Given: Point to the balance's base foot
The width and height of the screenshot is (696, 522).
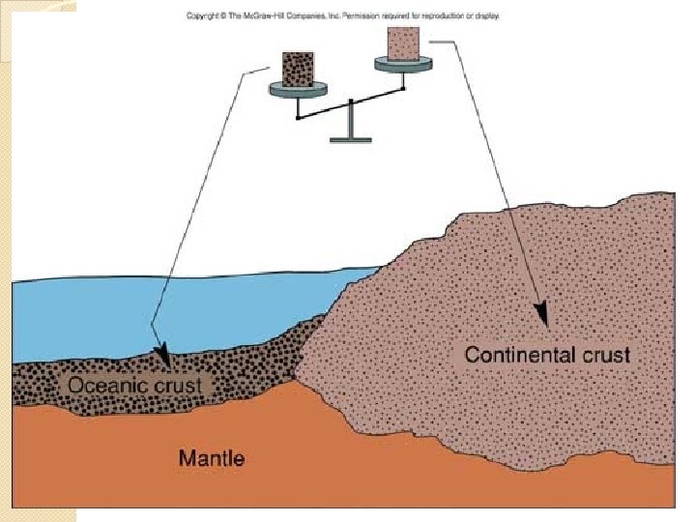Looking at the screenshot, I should [350, 140].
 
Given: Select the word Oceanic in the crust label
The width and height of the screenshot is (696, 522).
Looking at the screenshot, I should [104, 386].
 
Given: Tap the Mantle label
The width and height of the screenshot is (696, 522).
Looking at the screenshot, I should [211, 456].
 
